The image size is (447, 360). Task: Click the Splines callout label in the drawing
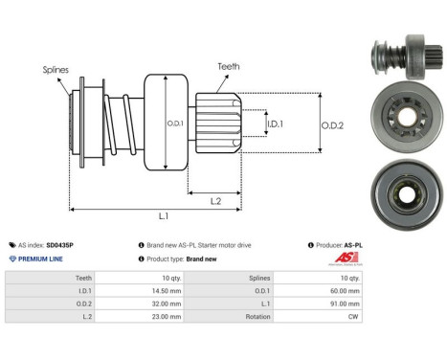coord(55,69)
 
